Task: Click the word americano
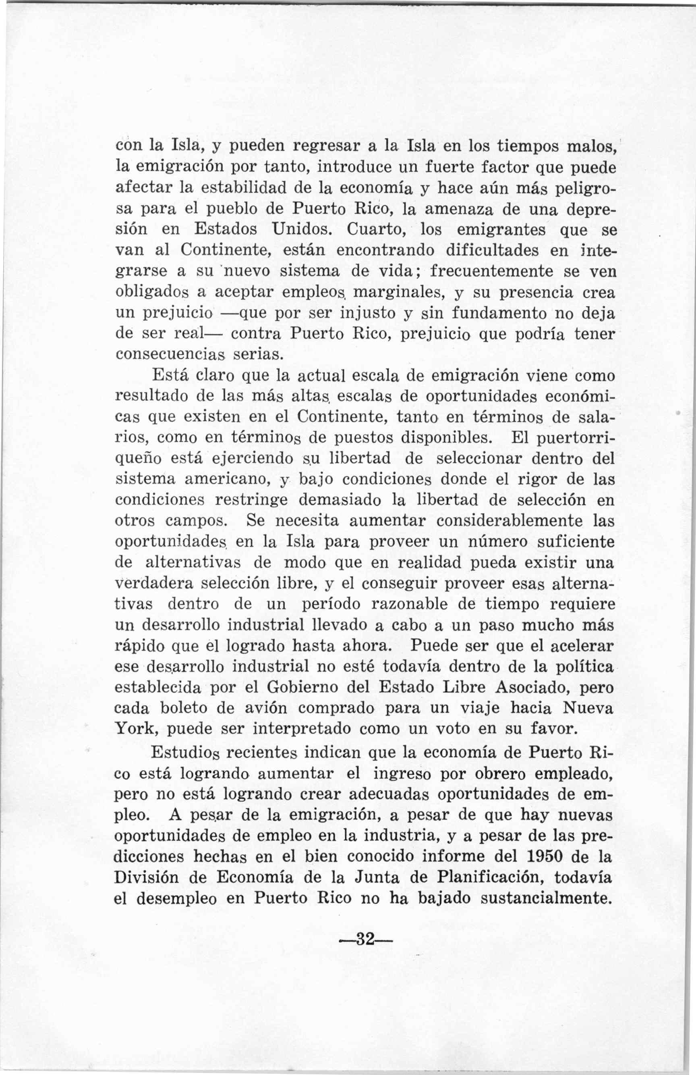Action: click(x=226, y=479)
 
